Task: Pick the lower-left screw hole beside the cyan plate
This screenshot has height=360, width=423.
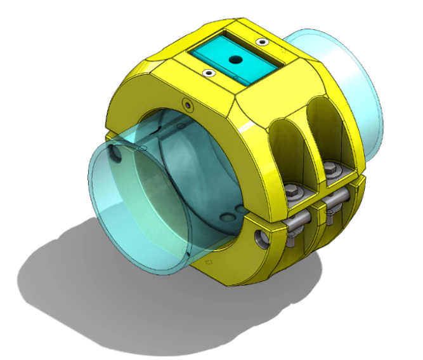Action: [x=207, y=74]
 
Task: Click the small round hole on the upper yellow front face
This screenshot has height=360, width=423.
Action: [x=185, y=103]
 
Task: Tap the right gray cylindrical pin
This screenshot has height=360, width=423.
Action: [x=335, y=202]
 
